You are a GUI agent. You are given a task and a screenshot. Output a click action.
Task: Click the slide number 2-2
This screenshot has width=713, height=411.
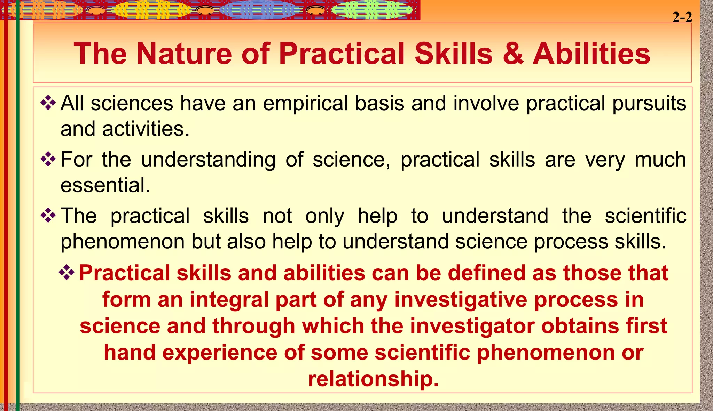coord(682,17)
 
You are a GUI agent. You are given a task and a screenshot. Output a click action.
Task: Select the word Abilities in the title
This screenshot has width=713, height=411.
coord(591,54)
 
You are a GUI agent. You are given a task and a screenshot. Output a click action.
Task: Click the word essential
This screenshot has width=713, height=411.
coord(105,185)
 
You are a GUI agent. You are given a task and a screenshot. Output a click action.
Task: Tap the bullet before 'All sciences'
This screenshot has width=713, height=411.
coord(48,103)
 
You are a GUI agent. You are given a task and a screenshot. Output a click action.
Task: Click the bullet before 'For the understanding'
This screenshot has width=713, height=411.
coord(48,160)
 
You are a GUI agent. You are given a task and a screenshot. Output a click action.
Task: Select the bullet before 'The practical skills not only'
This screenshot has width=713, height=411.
coord(48,216)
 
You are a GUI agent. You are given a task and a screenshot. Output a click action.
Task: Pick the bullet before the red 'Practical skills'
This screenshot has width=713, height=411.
coord(66,273)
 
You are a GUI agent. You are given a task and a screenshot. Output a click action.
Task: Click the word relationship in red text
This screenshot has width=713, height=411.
coord(373,379)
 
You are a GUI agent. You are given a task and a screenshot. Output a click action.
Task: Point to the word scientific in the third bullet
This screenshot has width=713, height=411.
coord(645,216)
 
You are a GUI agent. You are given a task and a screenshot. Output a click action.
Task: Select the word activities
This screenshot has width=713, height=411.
coord(146,129)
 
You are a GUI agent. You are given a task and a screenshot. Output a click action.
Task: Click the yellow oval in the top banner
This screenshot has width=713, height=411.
coord(151,10)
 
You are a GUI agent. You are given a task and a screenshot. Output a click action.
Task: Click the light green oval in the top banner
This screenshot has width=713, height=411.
coord(371,10)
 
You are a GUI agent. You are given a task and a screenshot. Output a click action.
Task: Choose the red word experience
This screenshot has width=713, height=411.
coord(220,353)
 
